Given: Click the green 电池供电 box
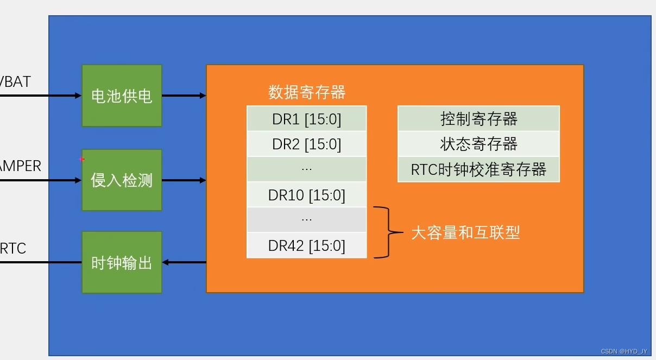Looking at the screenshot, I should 122,96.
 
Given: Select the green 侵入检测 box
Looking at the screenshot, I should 122,180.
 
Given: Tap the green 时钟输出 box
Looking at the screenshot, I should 122,263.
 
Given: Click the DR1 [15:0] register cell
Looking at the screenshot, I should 307,119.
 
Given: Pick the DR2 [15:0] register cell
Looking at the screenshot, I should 307,144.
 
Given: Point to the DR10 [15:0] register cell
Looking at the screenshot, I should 307,195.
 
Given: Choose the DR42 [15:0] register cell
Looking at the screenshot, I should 307,245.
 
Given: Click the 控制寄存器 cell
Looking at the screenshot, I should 478,119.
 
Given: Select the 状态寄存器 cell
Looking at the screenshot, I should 478,144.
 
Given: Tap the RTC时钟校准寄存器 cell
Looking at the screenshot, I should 478,169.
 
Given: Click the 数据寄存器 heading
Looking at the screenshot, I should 307,92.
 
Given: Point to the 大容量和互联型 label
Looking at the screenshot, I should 465,233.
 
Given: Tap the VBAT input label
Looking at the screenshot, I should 15,82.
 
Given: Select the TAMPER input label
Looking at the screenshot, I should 20,166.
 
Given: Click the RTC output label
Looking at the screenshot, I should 13,249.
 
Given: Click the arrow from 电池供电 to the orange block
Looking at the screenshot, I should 184,96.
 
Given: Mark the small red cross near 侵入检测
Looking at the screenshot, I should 82,159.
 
